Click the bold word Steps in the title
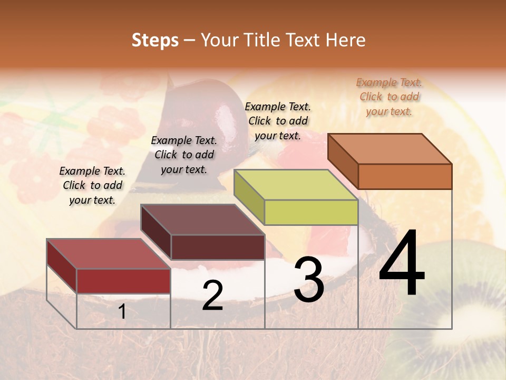(155, 40)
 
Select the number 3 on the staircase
(308, 280)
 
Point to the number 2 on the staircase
(212, 296)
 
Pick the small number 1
(122, 312)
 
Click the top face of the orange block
(390, 148)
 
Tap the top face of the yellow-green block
(296, 185)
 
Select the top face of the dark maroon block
(202, 220)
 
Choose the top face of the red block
(109, 253)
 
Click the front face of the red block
(123, 281)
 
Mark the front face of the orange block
(405, 176)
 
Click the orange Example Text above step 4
(389, 97)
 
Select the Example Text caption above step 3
(278, 121)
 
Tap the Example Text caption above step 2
(184, 155)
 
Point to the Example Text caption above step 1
(92, 185)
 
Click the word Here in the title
(345, 40)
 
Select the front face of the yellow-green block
(311, 213)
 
